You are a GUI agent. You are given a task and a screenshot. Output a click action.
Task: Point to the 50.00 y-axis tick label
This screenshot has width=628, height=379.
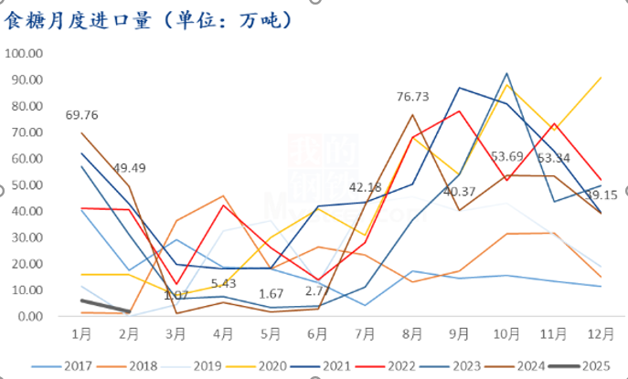point(27,184)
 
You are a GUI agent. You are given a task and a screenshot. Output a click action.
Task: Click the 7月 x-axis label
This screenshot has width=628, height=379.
point(364,333)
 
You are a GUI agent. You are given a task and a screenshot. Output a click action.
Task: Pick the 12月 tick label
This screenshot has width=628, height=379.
point(597,333)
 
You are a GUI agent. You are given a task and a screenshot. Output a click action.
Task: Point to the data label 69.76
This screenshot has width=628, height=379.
point(82,115)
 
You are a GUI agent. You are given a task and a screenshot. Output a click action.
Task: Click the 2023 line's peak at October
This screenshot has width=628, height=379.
point(506,73)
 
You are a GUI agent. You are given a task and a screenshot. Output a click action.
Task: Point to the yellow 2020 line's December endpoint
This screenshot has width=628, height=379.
point(601,77)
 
